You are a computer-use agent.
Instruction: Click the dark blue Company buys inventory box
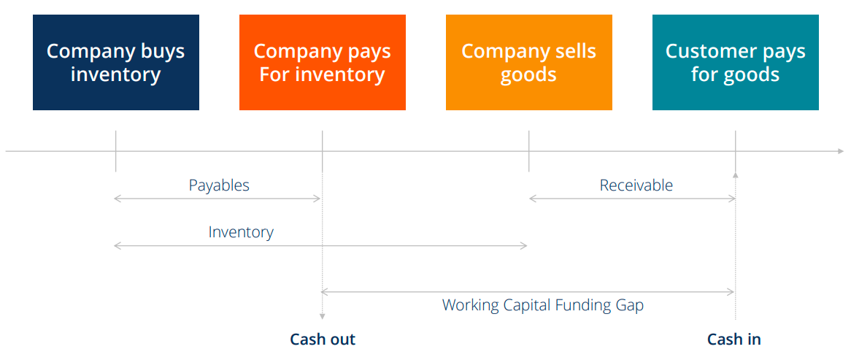click(115, 63)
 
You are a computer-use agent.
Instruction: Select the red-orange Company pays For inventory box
click(322, 63)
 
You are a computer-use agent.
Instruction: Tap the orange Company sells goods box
click(528, 63)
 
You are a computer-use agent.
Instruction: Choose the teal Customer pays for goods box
click(735, 63)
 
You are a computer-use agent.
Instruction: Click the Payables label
click(219, 185)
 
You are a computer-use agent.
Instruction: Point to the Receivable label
click(636, 185)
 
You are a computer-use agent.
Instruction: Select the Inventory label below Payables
click(241, 232)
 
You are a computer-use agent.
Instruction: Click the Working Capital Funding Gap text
click(542, 305)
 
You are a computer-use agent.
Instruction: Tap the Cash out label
click(323, 339)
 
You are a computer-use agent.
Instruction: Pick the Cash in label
click(733, 339)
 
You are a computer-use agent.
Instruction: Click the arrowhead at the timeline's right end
click(840, 151)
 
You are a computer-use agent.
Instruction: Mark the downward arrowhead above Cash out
click(322, 317)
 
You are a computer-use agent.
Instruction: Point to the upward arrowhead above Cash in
click(735, 175)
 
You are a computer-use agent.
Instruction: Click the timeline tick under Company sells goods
click(528, 151)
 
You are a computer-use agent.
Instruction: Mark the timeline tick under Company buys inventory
click(115, 151)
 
